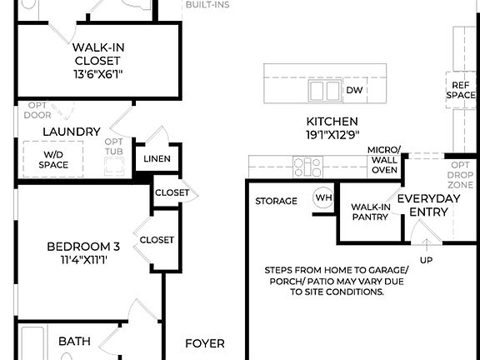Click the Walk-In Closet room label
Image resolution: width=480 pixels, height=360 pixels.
tap(99, 53)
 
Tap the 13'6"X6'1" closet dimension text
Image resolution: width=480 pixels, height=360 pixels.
tap(99, 72)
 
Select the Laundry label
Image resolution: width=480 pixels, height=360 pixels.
tap(72, 132)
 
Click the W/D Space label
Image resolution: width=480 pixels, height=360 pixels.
tap(53, 159)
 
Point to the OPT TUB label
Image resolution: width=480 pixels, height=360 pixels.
tap(114, 147)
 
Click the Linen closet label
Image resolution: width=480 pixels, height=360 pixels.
tap(157, 158)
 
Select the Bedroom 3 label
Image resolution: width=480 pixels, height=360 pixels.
tap(83, 247)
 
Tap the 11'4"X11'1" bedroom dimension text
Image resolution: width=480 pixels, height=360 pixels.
tap(83, 260)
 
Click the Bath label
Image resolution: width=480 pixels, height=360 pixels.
tap(74, 342)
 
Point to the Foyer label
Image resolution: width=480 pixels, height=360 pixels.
tap(204, 343)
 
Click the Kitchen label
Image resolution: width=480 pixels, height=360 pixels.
tap(332, 122)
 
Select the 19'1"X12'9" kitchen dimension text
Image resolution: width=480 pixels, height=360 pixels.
tap(332, 135)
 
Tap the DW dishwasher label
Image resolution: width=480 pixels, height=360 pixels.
tap(354, 90)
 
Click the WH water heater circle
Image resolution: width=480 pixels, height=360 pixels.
tap(322, 198)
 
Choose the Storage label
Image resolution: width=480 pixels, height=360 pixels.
tap(276, 201)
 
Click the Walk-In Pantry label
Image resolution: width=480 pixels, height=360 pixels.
tap(370, 212)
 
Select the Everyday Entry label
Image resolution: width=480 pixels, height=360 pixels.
tap(423, 205)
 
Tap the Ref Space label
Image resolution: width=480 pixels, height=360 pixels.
tap(461, 90)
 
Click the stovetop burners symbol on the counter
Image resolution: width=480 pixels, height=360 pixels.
tap(307, 167)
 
